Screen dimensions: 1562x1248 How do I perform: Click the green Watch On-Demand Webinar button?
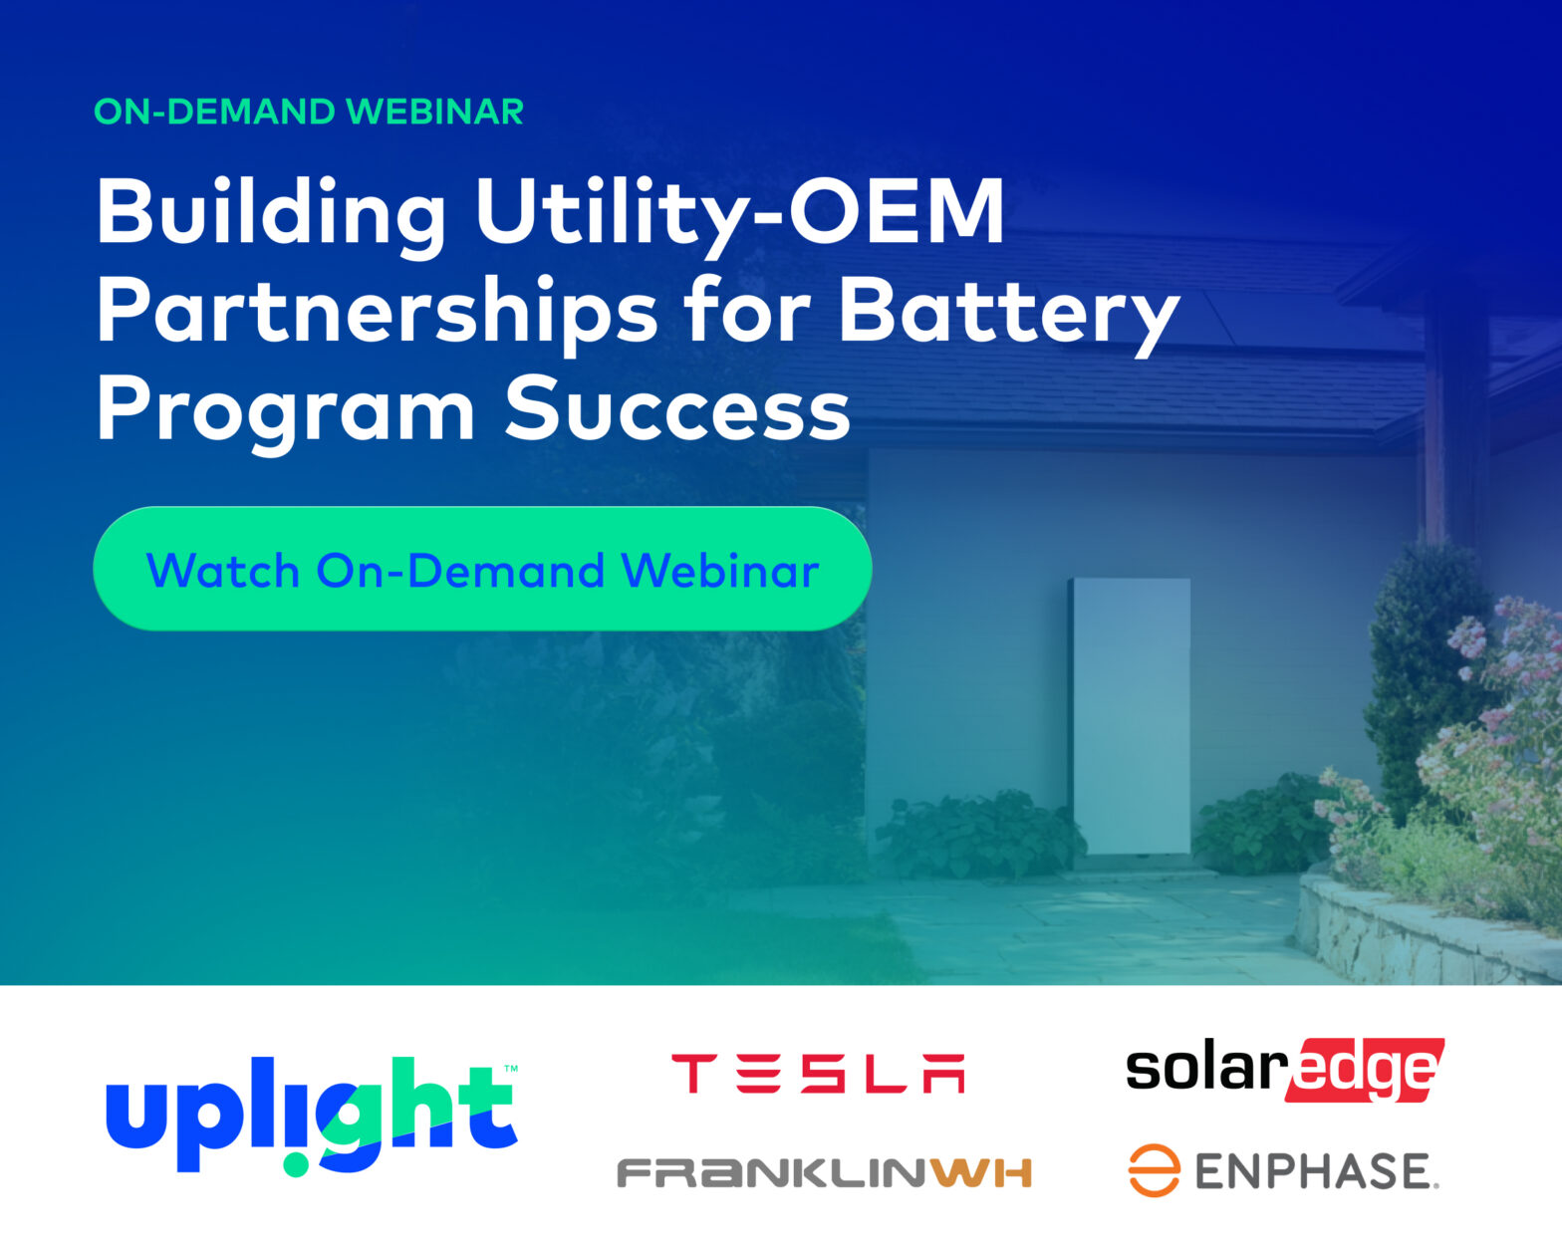[483, 569]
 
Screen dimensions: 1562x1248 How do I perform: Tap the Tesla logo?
[818, 1074]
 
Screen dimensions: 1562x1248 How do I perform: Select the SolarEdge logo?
[1285, 1071]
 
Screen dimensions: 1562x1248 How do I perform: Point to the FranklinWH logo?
[824, 1172]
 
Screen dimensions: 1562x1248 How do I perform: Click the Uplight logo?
[312, 1116]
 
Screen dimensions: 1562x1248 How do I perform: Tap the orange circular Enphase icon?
[1155, 1170]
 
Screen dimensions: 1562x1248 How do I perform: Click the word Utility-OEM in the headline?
[739, 215]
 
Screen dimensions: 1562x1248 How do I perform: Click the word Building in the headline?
[271, 215]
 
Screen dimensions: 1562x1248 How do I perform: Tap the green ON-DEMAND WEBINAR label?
[309, 112]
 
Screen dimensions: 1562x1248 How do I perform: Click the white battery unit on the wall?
[1131, 716]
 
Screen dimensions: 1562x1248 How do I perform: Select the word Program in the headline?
[286, 412]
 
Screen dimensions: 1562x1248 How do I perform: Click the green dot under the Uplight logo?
[296, 1164]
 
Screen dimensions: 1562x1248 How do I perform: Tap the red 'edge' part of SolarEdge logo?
[1366, 1071]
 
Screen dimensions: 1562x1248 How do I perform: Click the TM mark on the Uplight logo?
[511, 1069]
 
